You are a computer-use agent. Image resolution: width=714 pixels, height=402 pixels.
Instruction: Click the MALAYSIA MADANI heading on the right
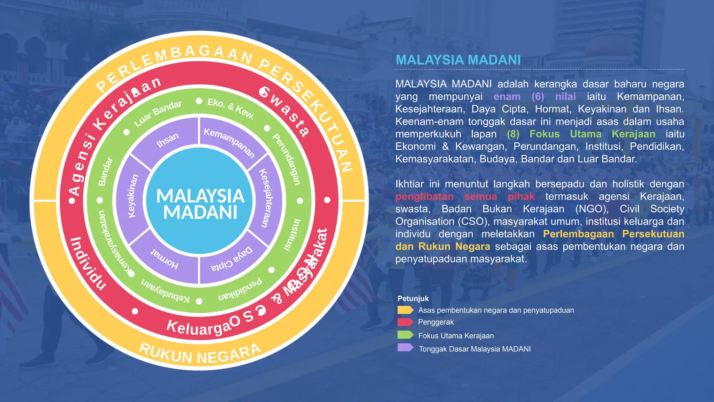(x=458, y=60)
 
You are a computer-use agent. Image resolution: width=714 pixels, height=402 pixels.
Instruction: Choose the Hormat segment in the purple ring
(x=165, y=260)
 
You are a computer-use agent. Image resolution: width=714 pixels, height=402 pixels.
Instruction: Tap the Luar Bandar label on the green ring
(x=158, y=113)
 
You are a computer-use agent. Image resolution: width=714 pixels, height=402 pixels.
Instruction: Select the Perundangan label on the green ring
(x=287, y=159)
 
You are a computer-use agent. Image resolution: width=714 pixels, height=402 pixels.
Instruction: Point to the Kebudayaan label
(x=165, y=290)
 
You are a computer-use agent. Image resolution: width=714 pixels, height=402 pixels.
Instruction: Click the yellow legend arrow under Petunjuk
(x=405, y=310)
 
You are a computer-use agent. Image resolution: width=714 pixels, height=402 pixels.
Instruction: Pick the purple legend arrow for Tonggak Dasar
(x=405, y=348)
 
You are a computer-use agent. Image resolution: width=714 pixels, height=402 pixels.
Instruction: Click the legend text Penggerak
(x=436, y=322)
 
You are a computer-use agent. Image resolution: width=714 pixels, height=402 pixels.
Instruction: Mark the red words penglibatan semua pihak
(x=465, y=196)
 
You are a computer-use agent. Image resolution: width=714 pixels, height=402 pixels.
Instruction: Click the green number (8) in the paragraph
(x=513, y=134)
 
